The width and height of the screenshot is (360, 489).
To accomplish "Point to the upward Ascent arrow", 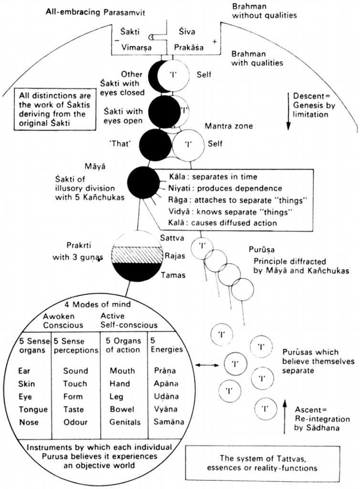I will [285, 417].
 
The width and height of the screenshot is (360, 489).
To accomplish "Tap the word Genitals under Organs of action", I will [125, 422].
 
